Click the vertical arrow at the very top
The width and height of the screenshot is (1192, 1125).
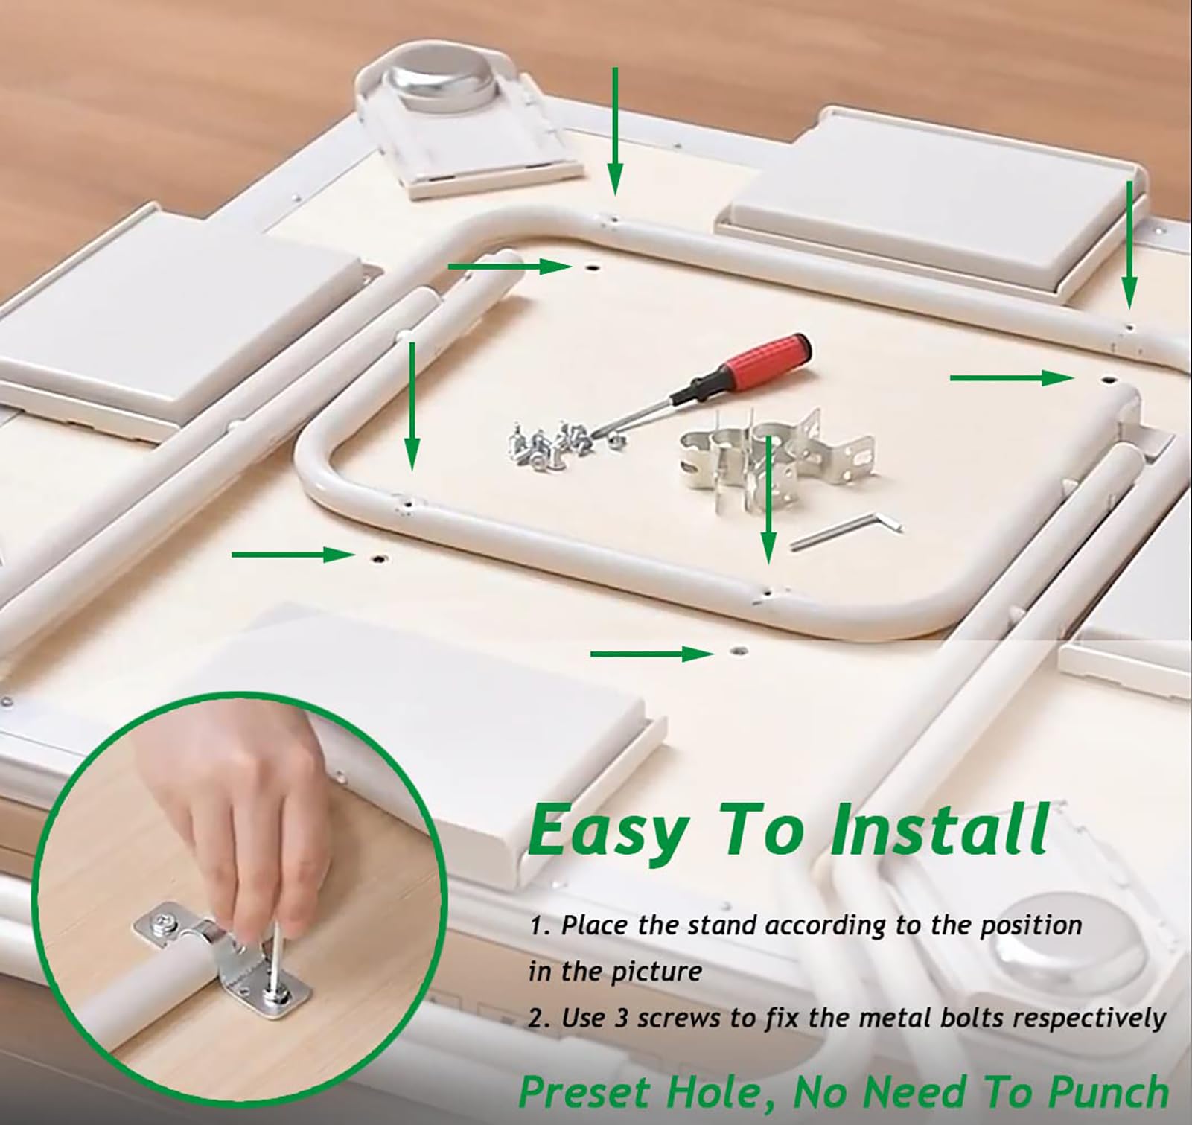pos(614,130)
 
